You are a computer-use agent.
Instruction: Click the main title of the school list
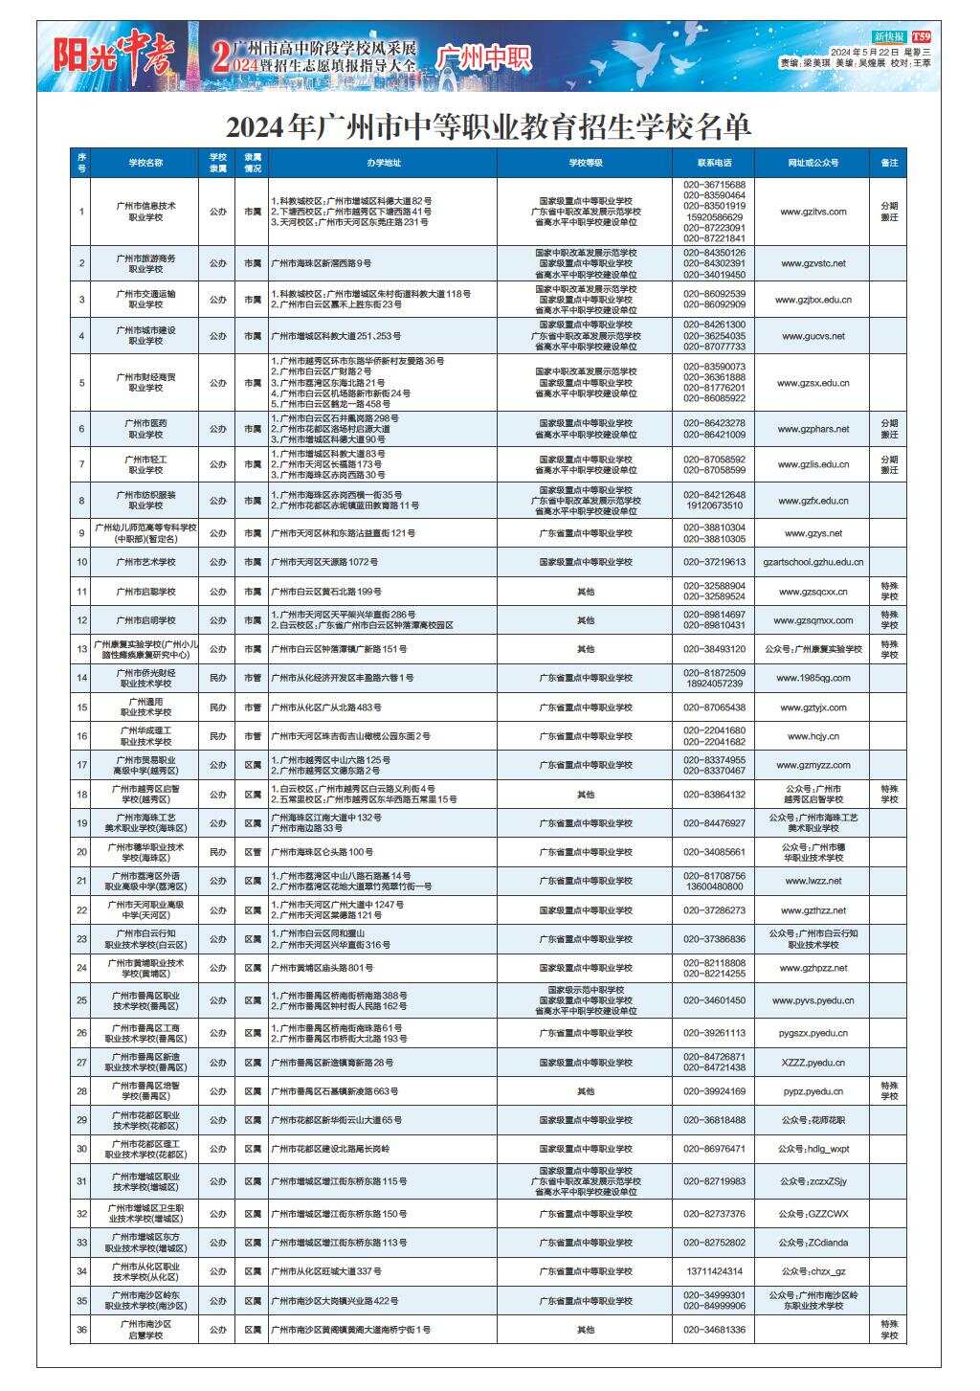[x=489, y=127]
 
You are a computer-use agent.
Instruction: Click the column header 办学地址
[x=383, y=163]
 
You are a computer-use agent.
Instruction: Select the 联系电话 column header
[x=714, y=163]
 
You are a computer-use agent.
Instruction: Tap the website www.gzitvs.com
[x=813, y=212]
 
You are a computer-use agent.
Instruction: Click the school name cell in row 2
[x=145, y=263]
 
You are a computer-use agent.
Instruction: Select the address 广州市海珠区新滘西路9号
[x=322, y=263]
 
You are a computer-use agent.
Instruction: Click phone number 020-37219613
[x=714, y=562]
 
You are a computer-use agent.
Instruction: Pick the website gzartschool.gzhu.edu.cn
[x=813, y=562]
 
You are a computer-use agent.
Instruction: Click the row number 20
[x=82, y=852]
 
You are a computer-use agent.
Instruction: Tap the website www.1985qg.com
[x=813, y=678]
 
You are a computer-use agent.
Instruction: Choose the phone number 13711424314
[x=714, y=1271]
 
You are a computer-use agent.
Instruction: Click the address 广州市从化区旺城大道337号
[x=326, y=1271]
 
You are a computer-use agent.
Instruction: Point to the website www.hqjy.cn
[x=813, y=736]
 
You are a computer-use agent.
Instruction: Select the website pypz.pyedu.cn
[x=813, y=1091]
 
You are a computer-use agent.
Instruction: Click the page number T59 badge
[x=922, y=35]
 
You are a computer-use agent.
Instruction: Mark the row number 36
[x=82, y=1330]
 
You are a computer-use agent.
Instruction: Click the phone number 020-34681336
[x=714, y=1330]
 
